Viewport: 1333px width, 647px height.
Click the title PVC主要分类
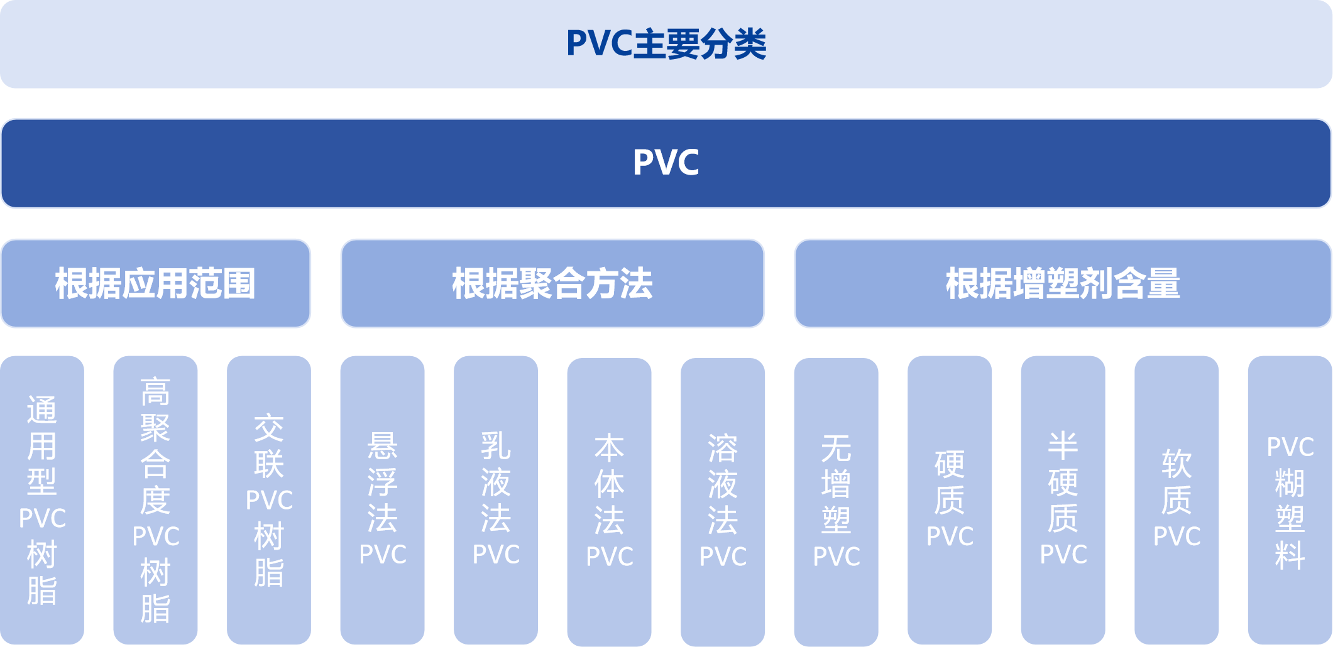pos(666,44)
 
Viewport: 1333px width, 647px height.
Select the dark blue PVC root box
pos(666,163)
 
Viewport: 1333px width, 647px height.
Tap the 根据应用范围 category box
pos(155,283)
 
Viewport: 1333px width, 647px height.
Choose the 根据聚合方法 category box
pos(552,283)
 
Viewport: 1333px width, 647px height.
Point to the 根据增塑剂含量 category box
pos(1063,283)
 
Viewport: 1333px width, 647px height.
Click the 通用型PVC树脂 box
pos(42,500)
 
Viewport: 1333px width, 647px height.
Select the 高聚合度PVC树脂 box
pos(155,500)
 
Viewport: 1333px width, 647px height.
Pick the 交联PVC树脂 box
pos(269,500)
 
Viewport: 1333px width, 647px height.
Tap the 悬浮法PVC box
pos(382,500)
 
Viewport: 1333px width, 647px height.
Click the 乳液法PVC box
pos(496,500)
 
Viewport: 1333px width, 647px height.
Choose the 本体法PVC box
pos(609,501)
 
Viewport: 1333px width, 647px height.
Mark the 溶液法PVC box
pos(723,501)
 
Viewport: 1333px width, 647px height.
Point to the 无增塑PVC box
pos(836,501)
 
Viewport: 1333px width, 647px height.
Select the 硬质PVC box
pos(950,500)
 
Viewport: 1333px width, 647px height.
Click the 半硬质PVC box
pos(1063,500)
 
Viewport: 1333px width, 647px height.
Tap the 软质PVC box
pos(1177,500)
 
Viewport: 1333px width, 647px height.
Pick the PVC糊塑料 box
pos(1290,500)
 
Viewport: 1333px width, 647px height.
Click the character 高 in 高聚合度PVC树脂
pos(155,393)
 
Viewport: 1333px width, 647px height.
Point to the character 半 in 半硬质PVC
pos(1063,447)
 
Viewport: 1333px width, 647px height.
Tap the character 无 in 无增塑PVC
pos(836,449)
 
